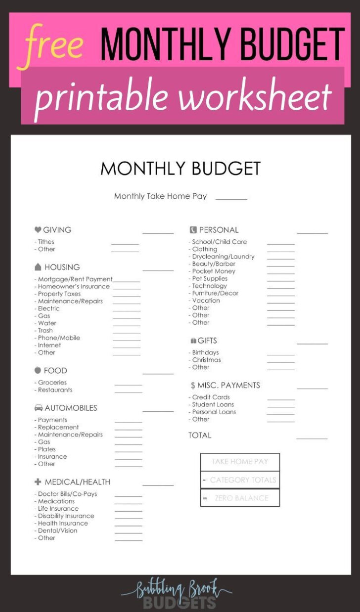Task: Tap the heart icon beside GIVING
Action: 38,229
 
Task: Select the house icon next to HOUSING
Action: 38,267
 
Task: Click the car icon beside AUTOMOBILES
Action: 38,408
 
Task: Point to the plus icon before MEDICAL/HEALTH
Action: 38,481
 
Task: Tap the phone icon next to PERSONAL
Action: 193,229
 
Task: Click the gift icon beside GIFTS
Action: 193,341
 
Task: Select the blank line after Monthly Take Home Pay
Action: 231,198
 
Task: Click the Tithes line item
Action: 46,242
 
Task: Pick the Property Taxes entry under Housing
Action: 59,294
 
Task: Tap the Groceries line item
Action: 52,383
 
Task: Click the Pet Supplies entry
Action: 210,278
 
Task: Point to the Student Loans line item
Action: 213,404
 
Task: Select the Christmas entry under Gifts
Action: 206,360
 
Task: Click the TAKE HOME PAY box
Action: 240,462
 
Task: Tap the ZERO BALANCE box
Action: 240,498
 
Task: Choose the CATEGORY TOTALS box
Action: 240,480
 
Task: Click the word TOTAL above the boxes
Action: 200,435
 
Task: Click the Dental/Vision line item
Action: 57,530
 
